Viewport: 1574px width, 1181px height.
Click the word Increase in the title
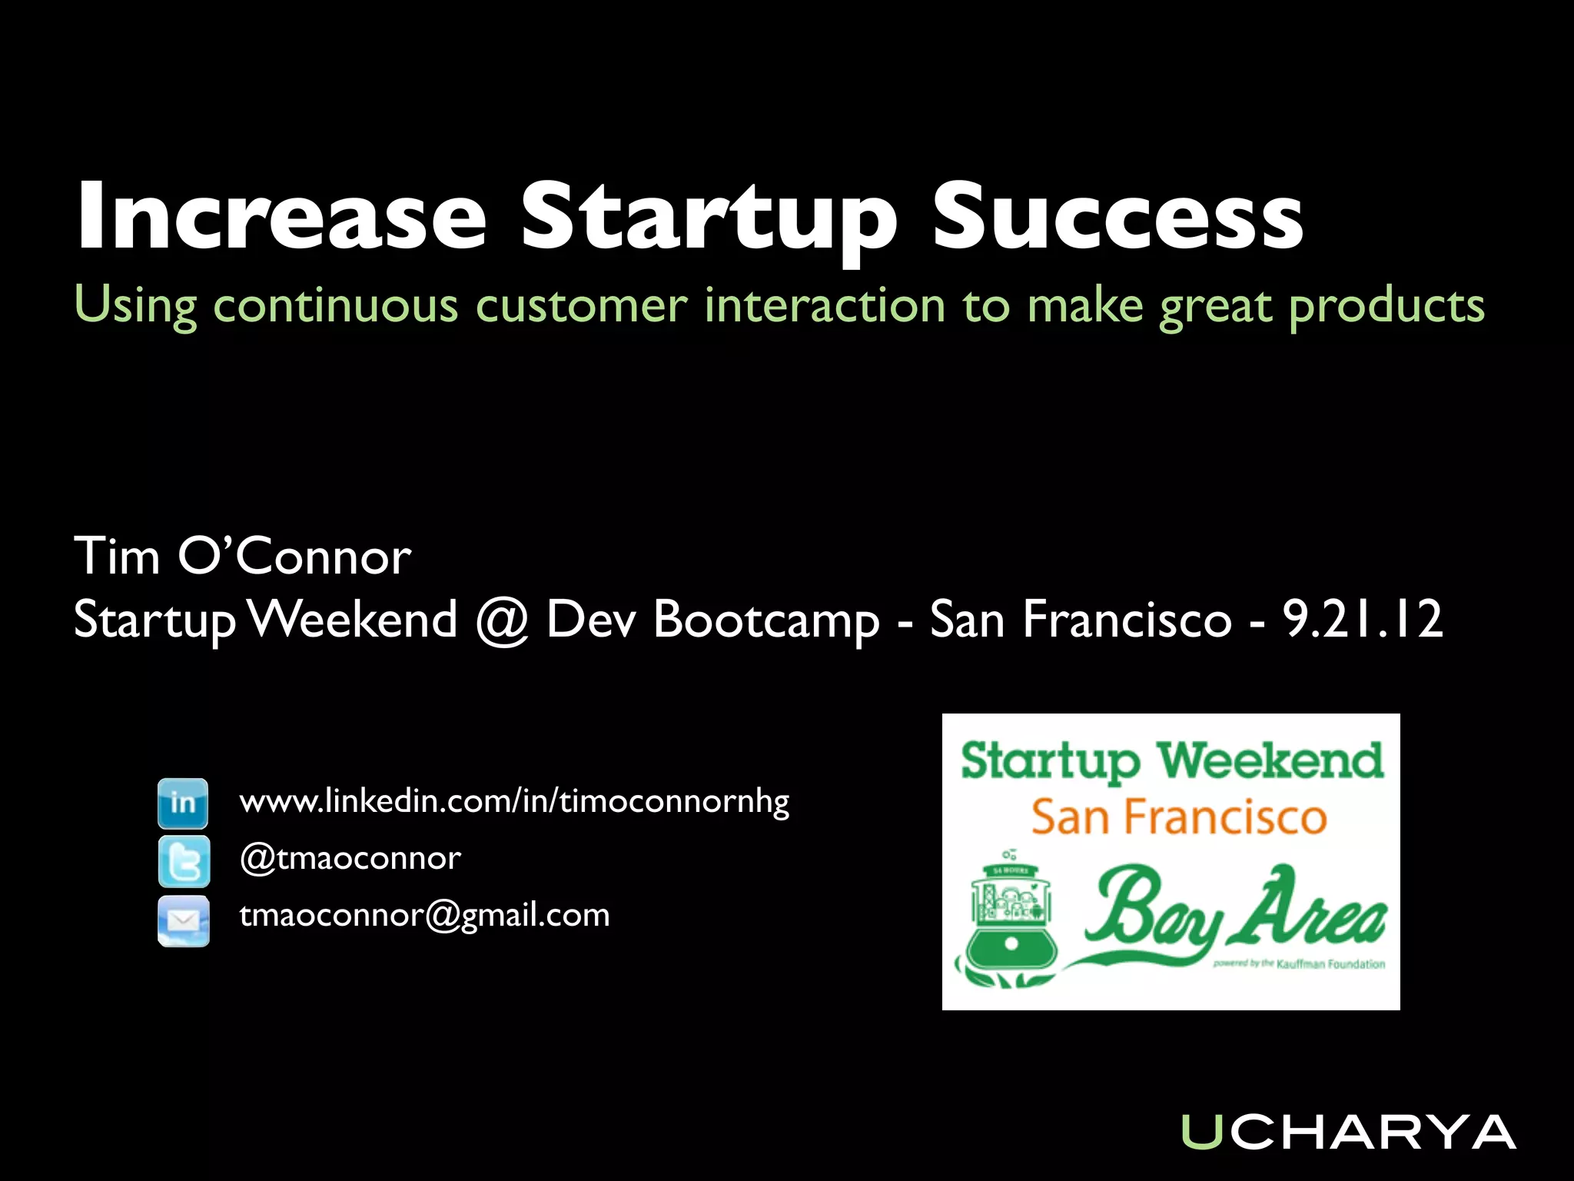tap(281, 216)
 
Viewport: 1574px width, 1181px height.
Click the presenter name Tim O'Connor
tap(242, 556)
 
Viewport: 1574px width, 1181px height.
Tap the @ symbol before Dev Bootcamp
tap(501, 620)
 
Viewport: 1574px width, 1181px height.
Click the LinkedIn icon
tap(183, 803)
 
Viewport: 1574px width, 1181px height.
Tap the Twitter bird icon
tap(183, 860)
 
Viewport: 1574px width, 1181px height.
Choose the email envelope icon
tap(183, 920)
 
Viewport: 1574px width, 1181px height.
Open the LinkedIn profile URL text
tap(514, 802)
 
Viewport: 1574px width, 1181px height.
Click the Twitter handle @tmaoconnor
tap(350, 858)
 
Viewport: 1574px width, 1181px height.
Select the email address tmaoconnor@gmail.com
tap(424, 916)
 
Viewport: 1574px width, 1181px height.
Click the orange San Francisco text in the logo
tap(1179, 817)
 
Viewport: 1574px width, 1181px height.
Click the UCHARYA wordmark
tap(1347, 1132)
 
